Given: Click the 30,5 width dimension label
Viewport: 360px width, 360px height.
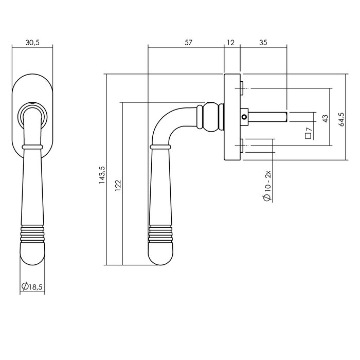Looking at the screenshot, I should pos(32,43).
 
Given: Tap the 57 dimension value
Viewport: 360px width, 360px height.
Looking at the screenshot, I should pos(187,43).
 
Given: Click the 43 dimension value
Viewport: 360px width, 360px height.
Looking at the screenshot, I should pos(325,118).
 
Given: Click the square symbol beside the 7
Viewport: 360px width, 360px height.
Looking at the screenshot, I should pos(308,136).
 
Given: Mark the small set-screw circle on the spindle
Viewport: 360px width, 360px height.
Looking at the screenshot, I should pos(245,117).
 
